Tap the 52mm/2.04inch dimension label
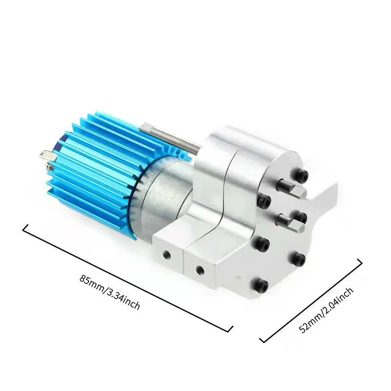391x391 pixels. pos(326,310)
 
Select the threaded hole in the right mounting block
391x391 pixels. pos(199,268)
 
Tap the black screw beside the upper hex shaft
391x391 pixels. pos(264,199)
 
